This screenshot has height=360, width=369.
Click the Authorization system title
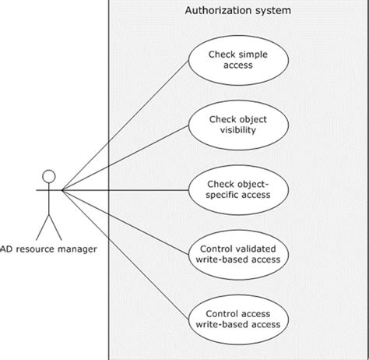(x=237, y=11)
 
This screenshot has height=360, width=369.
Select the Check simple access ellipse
(x=237, y=61)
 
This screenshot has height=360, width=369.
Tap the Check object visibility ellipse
(x=237, y=125)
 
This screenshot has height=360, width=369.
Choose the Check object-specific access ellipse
(x=237, y=190)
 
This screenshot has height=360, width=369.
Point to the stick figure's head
(x=49, y=175)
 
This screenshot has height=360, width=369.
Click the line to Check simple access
(x=125, y=125)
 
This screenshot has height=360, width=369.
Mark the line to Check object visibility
(x=125, y=157)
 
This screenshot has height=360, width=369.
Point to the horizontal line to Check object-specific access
(x=125, y=189)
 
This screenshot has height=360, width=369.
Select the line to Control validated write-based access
(x=125, y=221)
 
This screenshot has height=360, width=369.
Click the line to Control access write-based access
(x=125, y=253)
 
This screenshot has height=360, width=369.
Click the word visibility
(x=237, y=132)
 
